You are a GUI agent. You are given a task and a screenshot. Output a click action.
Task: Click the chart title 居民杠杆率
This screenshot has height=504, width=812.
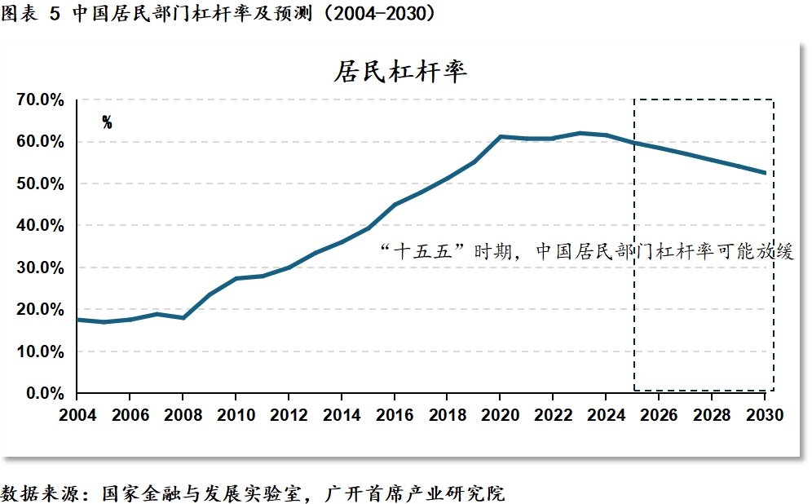400,72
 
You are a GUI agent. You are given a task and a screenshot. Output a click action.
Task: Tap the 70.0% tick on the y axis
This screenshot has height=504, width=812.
40,100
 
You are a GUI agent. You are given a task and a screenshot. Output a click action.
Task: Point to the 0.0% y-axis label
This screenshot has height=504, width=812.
44,394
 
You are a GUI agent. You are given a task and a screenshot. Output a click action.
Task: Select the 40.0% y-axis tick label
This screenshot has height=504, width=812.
40,226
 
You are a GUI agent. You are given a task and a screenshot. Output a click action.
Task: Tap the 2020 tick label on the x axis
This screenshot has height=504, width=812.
501,415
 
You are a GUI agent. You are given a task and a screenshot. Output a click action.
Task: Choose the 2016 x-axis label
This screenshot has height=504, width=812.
395,415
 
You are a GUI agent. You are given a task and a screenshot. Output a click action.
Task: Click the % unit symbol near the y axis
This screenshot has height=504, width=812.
107,123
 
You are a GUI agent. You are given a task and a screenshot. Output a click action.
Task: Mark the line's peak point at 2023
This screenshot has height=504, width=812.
580,133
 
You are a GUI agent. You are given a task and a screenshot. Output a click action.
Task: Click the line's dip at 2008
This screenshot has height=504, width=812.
183,317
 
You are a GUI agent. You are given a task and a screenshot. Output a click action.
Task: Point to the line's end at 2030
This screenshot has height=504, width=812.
765,172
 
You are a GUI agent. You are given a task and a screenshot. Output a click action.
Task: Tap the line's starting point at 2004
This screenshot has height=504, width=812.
78,320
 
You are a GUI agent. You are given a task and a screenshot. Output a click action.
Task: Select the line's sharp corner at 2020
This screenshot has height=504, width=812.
501,136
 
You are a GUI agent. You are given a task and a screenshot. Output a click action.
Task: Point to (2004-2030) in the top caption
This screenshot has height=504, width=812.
381,14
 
